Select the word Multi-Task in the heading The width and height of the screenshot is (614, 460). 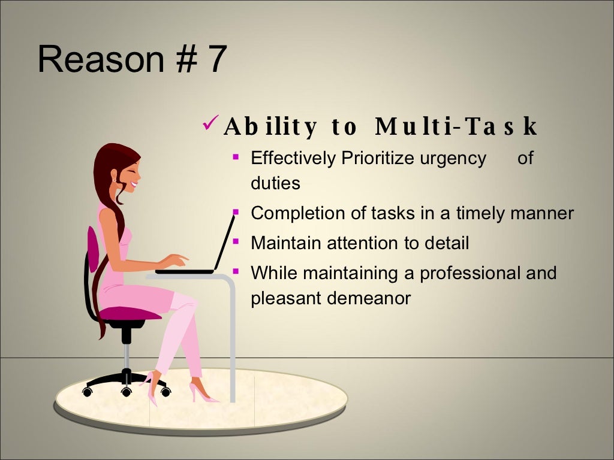(x=456, y=127)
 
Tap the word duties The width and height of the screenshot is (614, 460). (x=275, y=183)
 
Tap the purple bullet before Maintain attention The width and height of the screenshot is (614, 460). (x=236, y=242)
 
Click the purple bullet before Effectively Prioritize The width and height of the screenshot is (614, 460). (x=236, y=158)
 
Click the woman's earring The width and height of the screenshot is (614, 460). (x=113, y=178)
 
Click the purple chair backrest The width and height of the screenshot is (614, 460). (x=92, y=249)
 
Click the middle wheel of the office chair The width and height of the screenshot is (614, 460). (x=126, y=392)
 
